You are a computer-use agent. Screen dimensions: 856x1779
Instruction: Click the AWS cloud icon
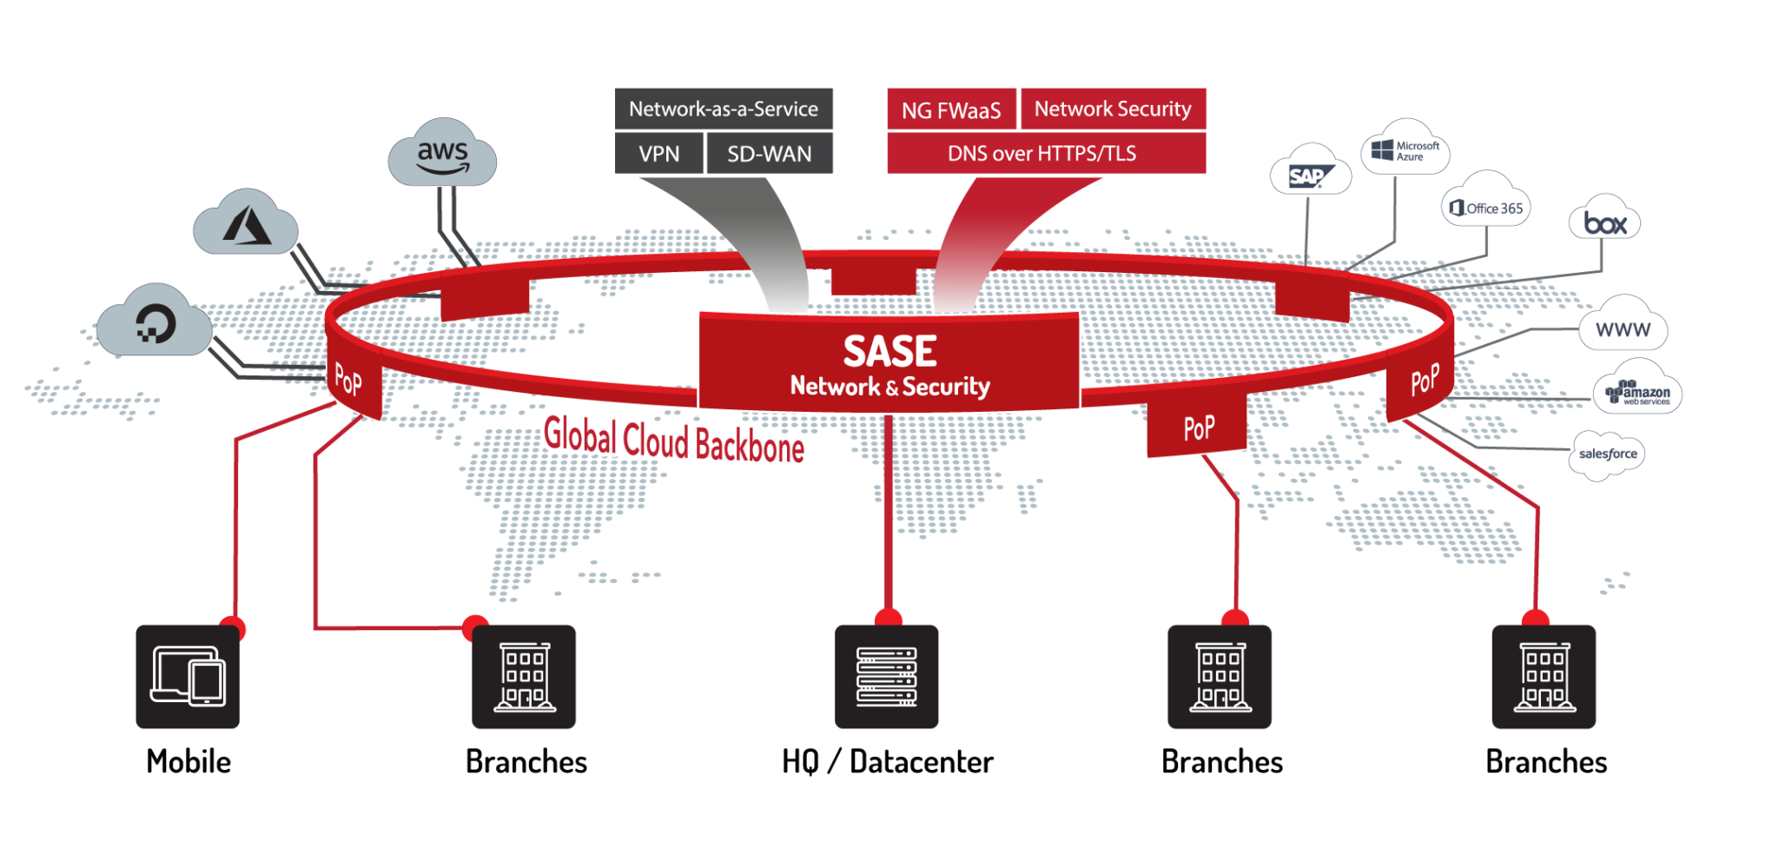tap(442, 154)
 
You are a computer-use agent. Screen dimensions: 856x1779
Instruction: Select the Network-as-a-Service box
tap(724, 109)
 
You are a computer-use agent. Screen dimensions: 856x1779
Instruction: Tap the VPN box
tap(659, 154)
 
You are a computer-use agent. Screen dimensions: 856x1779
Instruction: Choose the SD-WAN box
tap(770, 154)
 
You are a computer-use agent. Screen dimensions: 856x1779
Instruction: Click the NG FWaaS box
tap(951, 110)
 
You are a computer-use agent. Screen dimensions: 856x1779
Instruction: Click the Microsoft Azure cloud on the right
tap(1405, 149)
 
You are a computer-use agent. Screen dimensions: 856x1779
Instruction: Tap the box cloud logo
tap(1604, 222)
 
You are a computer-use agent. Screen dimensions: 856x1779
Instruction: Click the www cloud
tap(1623, 328)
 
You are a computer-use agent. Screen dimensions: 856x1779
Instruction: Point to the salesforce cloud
tap(1608, 454)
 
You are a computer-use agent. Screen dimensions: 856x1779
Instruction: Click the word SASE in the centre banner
tap(889, 351)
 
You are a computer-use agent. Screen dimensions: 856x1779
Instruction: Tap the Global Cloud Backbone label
tap(674, 440)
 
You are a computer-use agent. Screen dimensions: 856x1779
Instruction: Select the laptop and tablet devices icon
tap(188, 676)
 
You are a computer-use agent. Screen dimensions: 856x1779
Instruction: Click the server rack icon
tap(887, 676)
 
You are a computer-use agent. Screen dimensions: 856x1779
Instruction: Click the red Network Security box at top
tap(1113, 109)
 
